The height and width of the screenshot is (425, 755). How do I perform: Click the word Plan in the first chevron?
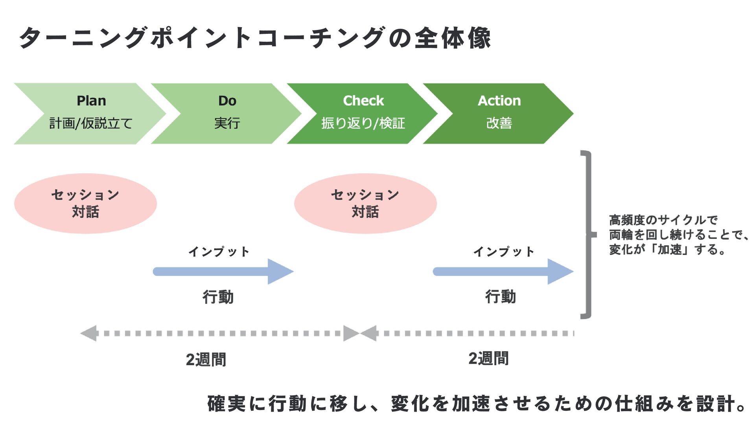pyautogui.click(x=91, y=101)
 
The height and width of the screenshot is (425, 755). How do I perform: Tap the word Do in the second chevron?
pyautogui.click(x=227, y=101)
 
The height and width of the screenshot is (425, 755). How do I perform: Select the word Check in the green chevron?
pyautogui.click(x=363, y=101)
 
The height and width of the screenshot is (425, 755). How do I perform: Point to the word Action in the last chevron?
pyautogui.click(x=499, y=101)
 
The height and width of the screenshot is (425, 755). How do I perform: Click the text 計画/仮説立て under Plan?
pyautogui.click(x=91, y=123)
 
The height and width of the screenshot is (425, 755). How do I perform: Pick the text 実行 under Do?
pyautogui.click(x=227, y=123)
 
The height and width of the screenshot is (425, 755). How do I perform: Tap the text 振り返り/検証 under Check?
pyautogui.click(x=363, y=123)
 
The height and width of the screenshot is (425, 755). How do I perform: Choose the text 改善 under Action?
pyautogui.click(x=499, y=123)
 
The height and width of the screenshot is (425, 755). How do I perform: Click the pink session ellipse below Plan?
pyautogui.click(x=86, y=203)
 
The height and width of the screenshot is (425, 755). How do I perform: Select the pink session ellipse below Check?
pyautogui.click(x=365, y=203)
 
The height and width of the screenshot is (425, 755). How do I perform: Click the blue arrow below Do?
pyautogui.click(x=223, y=272)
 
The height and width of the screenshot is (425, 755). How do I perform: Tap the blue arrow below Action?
pyautogui.click(x=503, y=272)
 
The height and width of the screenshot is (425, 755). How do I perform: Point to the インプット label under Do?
pyautogui.click(x=219, y=251)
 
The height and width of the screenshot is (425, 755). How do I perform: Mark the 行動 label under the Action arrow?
pyautogui.click(x=500, y=297)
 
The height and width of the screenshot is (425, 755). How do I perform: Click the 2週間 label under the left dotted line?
pyautogui.click(x=206, y=360)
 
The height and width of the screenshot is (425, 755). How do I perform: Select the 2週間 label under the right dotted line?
pyautogui.click(x=488, y=358)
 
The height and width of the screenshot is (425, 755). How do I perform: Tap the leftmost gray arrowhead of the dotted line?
pyautogui.click(x=88, y=333)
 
